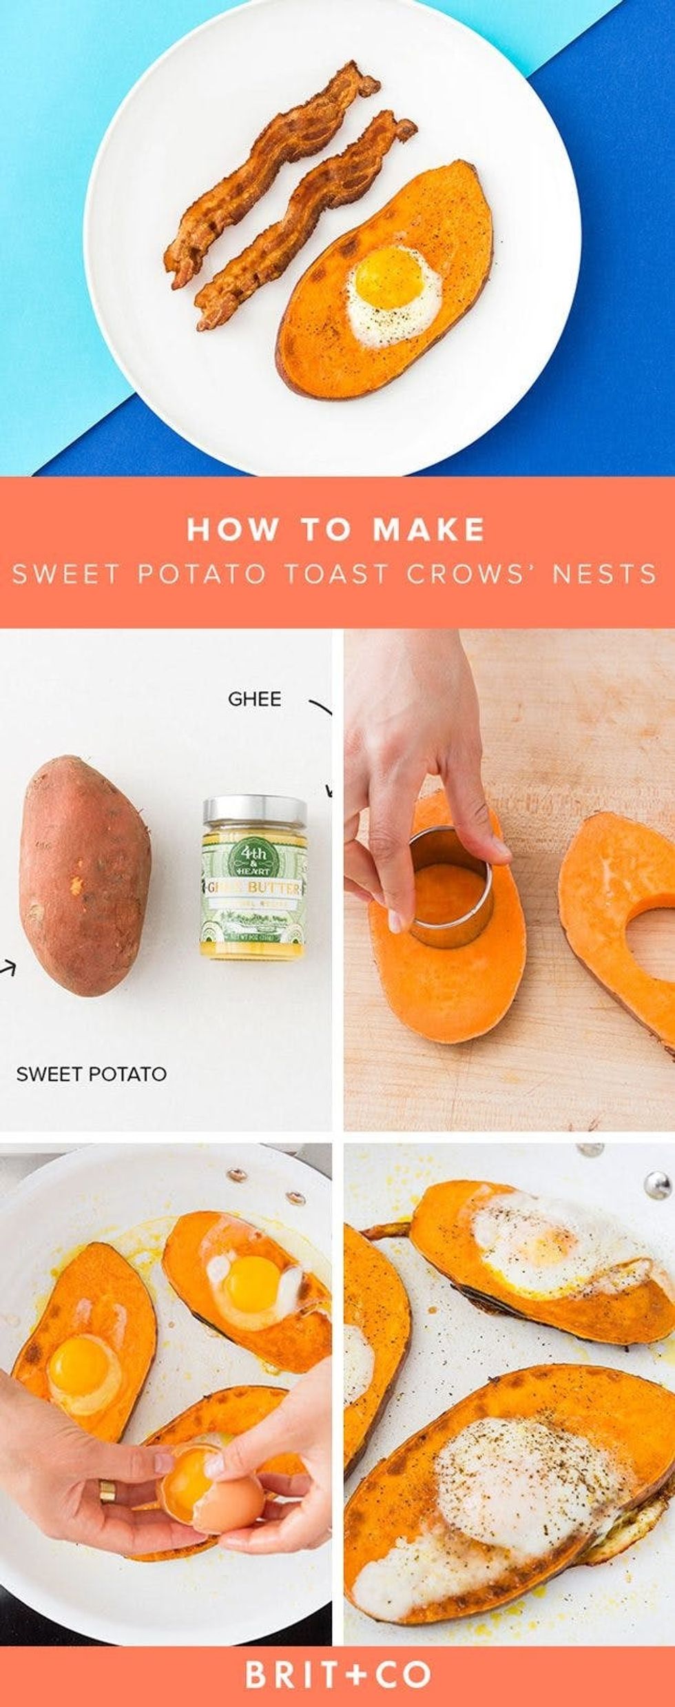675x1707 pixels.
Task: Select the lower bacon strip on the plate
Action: pyautogui.click(x=303, y=221)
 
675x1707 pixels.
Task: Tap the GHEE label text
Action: pyautogui.click(x=254, y=699)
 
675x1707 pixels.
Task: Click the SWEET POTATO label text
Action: pyautogui.click(x=91, y=1073)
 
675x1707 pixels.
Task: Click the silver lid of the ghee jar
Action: pyautogui.click(x=255, y=814)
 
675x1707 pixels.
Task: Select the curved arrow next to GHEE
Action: pyautogui.click(x=321, y=707)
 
